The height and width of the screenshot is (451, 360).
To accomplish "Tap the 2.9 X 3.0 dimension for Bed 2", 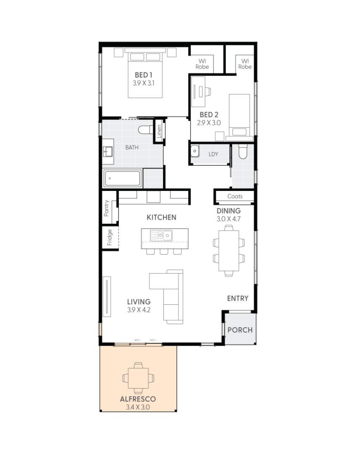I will pos(209,123).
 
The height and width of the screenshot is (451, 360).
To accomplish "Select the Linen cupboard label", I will pos(159,132).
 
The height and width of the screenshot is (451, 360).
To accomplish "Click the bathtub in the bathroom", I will pos(123,179).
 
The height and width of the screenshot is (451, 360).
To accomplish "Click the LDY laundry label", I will pos(213,154).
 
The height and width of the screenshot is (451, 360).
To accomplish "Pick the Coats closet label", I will pos(235,196).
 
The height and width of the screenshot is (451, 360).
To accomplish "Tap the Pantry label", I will pos(107,208).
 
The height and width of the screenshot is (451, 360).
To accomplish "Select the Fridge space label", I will pos(109,237).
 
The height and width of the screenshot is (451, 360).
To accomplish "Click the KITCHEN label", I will pos(161,217).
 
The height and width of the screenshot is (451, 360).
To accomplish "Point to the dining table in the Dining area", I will pos(229,251).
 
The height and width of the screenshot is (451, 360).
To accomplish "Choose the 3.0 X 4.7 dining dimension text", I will pos(229,219).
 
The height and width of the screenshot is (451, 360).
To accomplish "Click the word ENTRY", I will pos(237,298).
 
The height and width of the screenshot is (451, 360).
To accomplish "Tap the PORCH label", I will pos(240,330).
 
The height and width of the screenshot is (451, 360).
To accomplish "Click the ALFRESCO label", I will pos(138,399).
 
